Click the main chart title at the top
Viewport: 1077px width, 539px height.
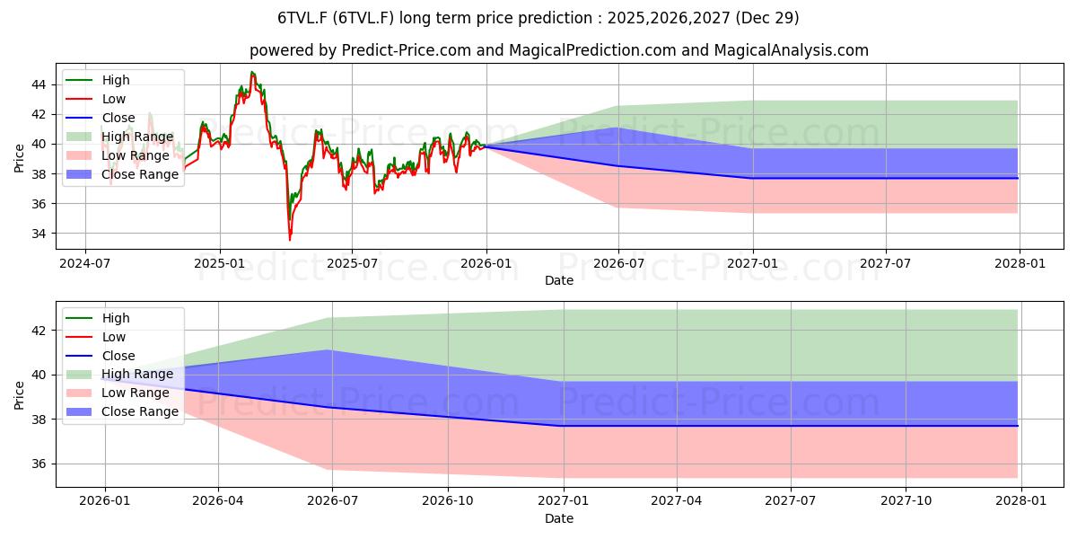[x=538, y=18]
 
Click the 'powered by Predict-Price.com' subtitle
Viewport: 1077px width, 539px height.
[x=558, y=50]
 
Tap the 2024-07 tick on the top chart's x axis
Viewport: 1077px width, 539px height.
[x=85, y=263]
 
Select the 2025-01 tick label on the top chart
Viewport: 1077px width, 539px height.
[x=219, y=263]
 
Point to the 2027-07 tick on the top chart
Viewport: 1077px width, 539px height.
[x=886, y=263]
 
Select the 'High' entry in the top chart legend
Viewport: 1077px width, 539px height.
[x=114, y=80]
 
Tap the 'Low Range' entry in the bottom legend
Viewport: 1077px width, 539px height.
[x=135, y=393]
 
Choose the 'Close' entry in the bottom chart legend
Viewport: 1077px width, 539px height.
[x=118, y=356]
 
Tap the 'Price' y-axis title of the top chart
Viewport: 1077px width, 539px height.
[x=20, y=159]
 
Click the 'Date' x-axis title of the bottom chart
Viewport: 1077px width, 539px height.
[x=558, y=518]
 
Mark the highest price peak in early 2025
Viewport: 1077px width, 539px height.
[x=252, y=73]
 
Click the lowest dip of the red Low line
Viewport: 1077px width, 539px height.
[x=290, y=239]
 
